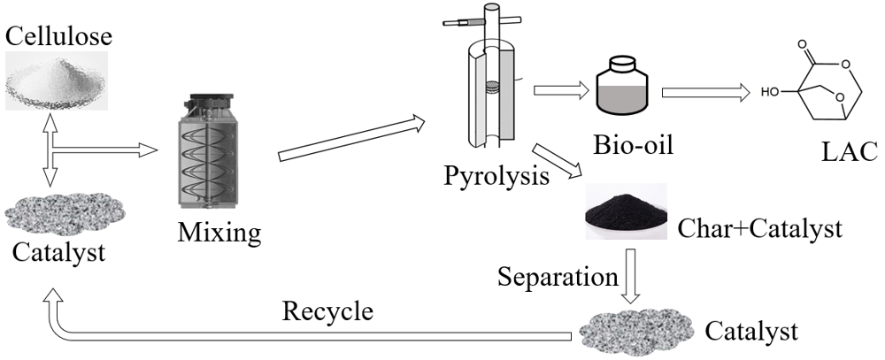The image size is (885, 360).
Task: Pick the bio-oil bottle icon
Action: tap(631, 84)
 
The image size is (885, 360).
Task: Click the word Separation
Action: tap(557, 277)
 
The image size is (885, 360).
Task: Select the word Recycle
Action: tap(327, 311)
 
